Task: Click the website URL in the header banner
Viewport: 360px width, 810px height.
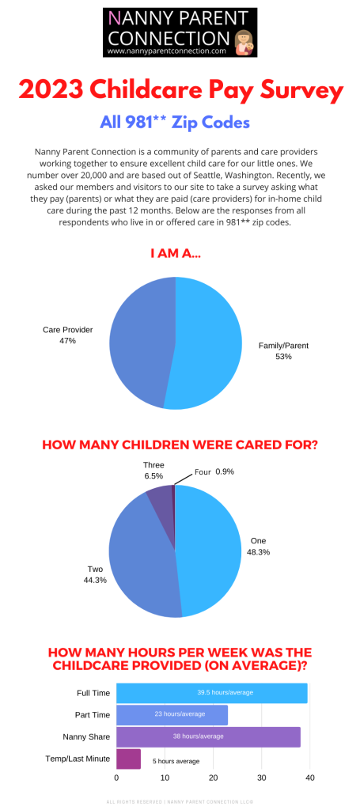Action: pos(166,51)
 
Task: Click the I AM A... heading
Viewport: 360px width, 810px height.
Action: pos(180,254)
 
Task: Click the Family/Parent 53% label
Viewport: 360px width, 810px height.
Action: pos(283,351)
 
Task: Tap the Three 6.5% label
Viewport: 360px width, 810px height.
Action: pos(153,471)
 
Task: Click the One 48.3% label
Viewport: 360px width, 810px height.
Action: pos(258,546)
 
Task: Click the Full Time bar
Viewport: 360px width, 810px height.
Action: pos(211,692)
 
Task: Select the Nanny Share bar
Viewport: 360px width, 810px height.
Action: pos(207,736)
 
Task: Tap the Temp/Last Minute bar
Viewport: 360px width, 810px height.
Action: pos(128,759)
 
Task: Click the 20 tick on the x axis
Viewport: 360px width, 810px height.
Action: pos(213,778)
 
